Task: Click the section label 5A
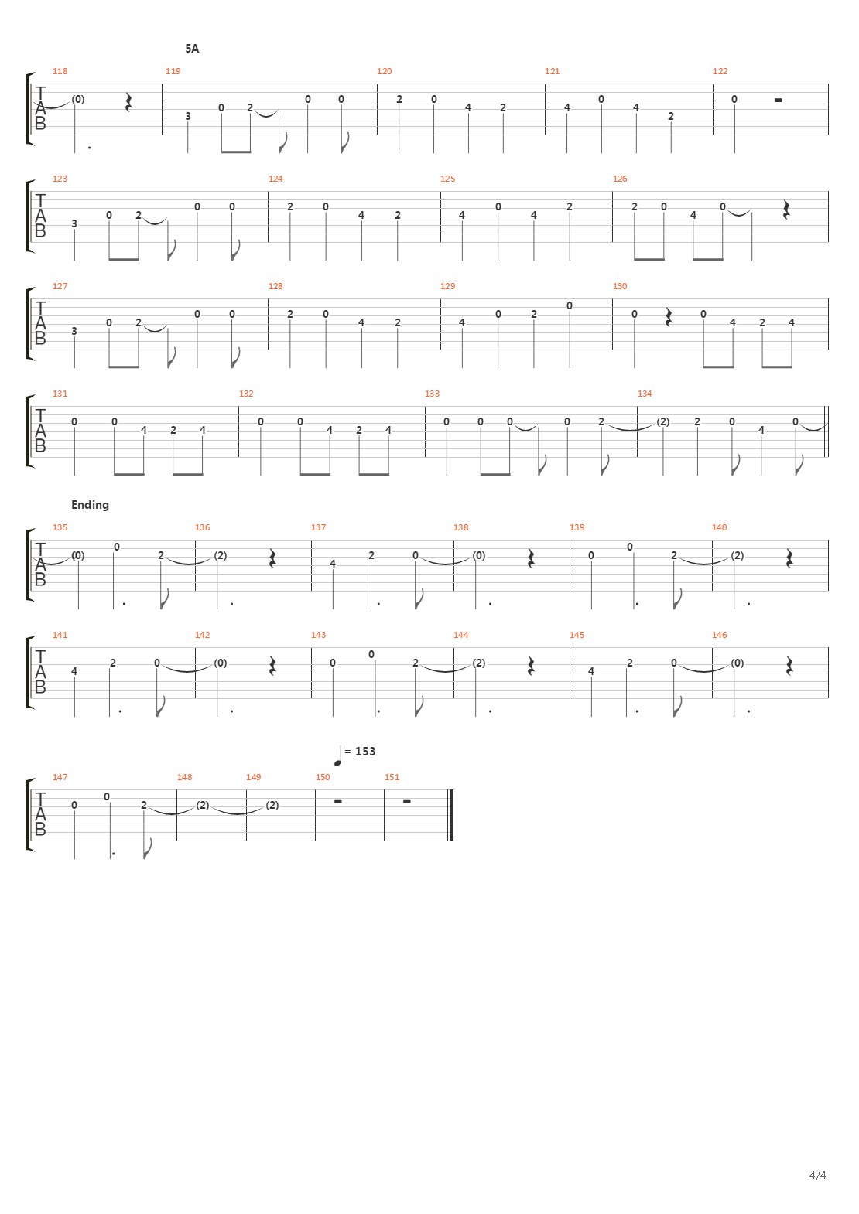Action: [x=192, y=49]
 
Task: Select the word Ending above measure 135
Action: [x=90, y=505]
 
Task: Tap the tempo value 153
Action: [x=365, y=751]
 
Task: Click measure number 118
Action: [x=60, y=72]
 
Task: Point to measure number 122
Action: [x=720, y=72]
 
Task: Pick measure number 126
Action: [x=620, y=179]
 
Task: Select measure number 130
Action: [x=620, y=286]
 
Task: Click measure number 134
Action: [x=645, y=394]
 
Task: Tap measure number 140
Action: [x=720, y=527]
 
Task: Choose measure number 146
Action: [x=720, y=635]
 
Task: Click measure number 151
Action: [x=392, y=777]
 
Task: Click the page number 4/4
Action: [x=817, y=1191]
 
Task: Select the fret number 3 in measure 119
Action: [x=188, y=116]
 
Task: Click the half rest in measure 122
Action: [x=779, y=101]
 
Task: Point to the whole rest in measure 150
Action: [x=338, y=801]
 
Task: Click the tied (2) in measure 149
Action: [x=272, y=806]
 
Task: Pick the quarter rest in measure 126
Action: [x=786, y=210]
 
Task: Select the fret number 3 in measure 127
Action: [x=74, y=331]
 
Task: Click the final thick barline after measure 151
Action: [x=452, y=815]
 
